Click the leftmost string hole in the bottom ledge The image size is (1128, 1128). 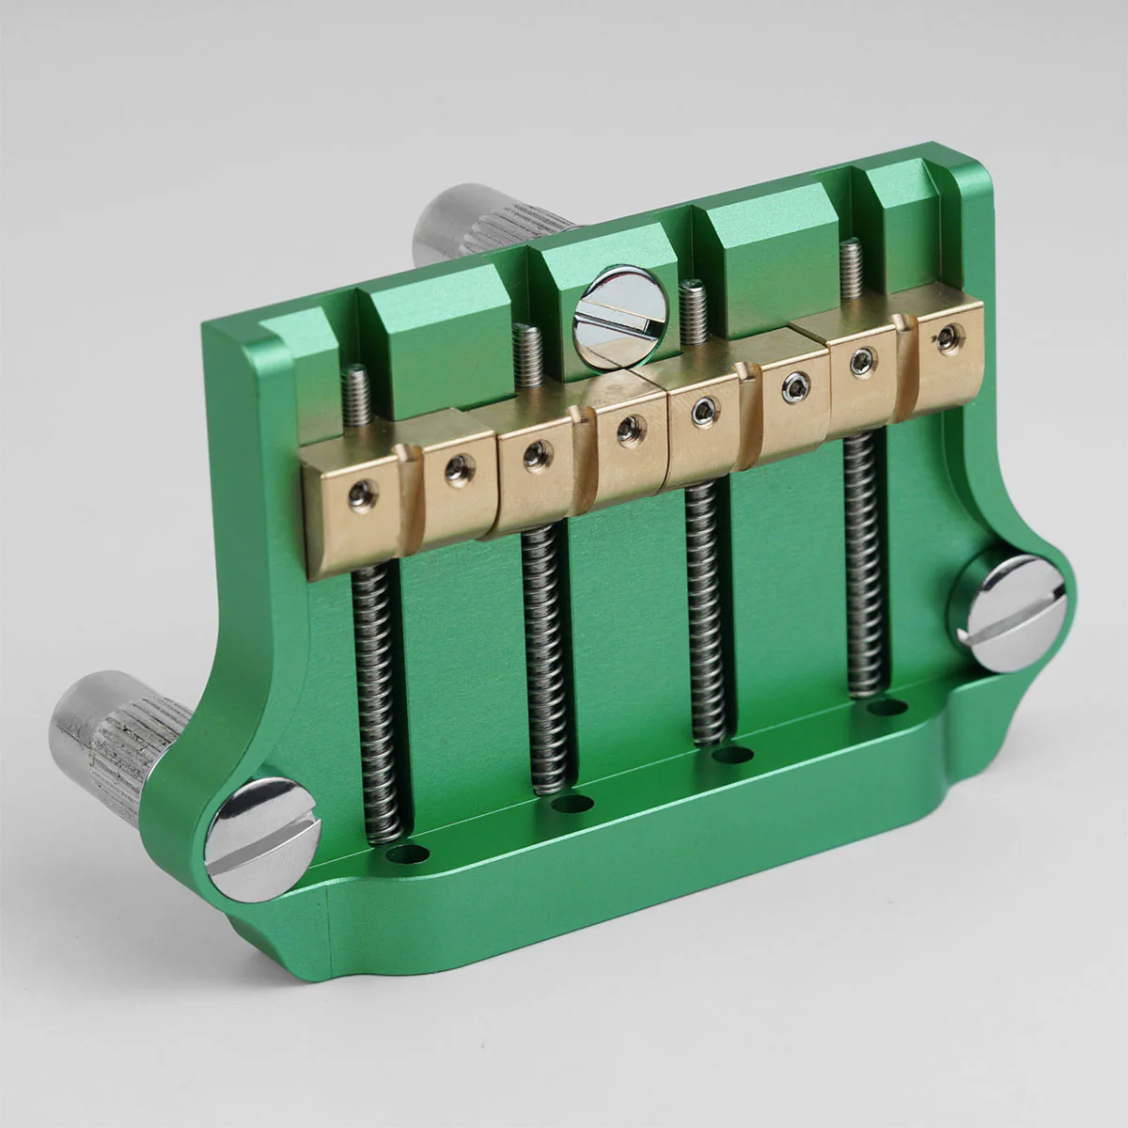407,854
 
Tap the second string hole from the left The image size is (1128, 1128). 571,804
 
